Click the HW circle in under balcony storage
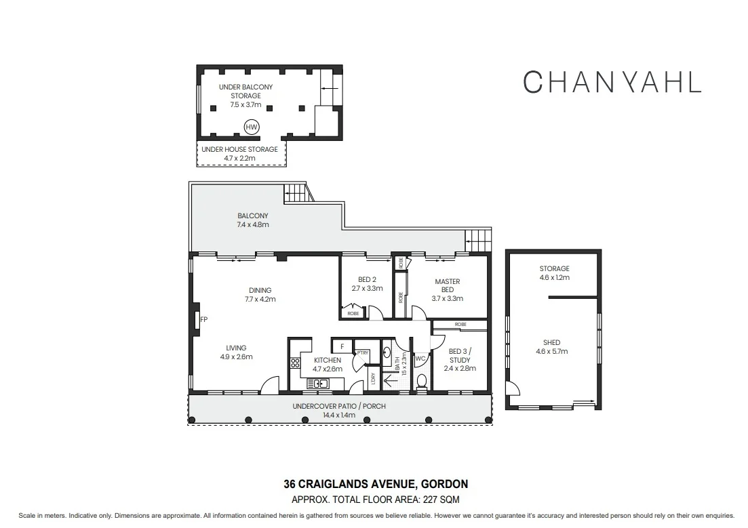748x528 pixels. (x=252, y=127)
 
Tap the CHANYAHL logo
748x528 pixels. (x=612, y=81)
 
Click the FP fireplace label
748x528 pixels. (x=203, y=319)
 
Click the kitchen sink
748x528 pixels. (x=321, y=384)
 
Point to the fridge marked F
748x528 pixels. (x=343, y=346)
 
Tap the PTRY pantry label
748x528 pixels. (x=363, y=352)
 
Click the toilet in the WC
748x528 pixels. (x=420, y=381)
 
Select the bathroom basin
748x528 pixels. (x=386, y=352)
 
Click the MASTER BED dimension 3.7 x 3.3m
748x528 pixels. (x=447, y=298)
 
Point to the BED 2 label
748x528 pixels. (x=367, y=279)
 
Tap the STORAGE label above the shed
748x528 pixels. (x=554, y=268)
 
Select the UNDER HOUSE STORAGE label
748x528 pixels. (x=240, y=149)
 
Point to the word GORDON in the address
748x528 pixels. (x=444, y=485)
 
